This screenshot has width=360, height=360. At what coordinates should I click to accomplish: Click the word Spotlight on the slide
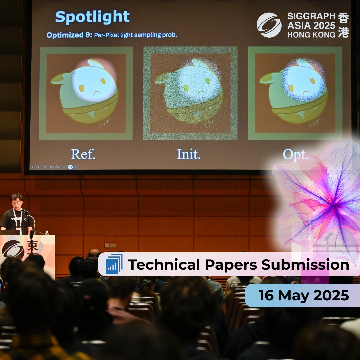click(x=92, y=17)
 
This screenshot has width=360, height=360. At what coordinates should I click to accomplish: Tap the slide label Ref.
click(x=83, y=154)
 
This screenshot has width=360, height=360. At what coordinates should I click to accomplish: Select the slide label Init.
click(x=189, y=154)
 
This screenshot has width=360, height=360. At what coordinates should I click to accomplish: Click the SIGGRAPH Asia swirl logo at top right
click(x=269, y=25)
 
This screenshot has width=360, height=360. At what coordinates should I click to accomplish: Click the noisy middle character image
click(x=190, y=93)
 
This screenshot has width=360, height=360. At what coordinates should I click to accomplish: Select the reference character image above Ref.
click(x=86, y=93)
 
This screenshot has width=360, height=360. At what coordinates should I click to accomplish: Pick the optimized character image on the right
click(x=295, y=93)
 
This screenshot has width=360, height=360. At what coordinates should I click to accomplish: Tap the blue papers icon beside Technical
click(x=114, y=264)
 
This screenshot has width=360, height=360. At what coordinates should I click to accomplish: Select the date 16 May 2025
click(x=304, y=295)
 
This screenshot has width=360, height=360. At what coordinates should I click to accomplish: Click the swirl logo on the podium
click(x=13, y=249)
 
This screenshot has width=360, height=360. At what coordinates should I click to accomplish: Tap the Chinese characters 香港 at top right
click(x=343, y=25)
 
